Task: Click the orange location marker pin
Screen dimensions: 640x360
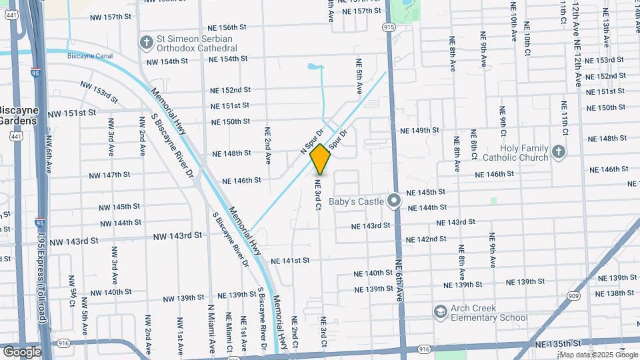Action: pos(320,159)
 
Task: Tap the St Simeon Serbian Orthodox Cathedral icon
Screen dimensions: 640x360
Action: pos(146,43)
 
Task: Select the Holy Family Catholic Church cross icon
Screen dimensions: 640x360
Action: pos(559,153)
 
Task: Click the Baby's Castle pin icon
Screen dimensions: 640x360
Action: pos(394,201)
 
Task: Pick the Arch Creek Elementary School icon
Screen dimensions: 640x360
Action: pos(439,312)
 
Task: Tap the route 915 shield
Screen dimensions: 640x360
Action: pos(389,27)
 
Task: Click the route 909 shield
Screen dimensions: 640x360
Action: pos(573,295)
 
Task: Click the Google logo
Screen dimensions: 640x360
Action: pos(21,351)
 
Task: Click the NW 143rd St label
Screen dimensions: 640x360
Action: pos(177,236)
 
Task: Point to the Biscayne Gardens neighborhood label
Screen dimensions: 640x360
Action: pos(19,115)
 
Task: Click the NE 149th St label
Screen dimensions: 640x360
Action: pos(419,130)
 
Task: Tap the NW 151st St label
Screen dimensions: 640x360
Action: pos(72,113)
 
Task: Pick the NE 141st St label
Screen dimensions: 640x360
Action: pos(290,261)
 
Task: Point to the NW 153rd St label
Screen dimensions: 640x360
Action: pos(99,91)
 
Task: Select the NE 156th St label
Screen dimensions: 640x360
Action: pos(228,28)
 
